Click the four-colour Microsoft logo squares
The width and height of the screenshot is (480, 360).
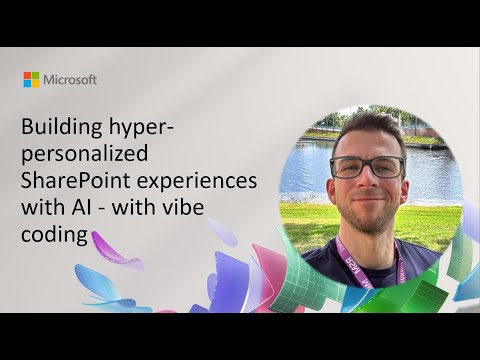31,79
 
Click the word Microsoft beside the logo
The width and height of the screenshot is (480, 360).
70,79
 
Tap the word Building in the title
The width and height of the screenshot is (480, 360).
61,129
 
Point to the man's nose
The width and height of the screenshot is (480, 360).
366,179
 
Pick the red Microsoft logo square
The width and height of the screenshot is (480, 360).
27,75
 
